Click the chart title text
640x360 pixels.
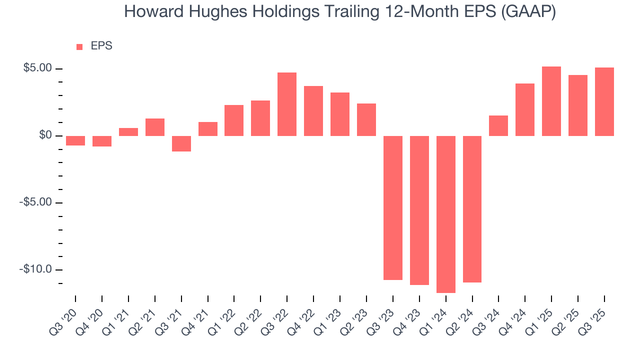(x=339, y=12)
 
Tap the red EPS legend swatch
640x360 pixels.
(x=79, y=46)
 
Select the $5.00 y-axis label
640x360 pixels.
(x=38, y=68)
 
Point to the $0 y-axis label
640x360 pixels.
(x=45, y=135)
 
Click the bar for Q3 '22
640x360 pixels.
(x=287, y=104)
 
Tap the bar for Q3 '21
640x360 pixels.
(x=181, y=143)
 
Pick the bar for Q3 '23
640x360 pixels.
(x=392, y=207)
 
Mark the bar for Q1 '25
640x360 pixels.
(x=551, y=101)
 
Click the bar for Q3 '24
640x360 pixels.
(x=498, y=125)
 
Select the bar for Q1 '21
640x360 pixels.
(x=128, y=132)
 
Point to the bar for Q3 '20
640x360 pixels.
(x=75, y=140)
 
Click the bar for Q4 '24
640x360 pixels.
(x=525, y=109)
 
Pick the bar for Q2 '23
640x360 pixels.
(x=366, y=119)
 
